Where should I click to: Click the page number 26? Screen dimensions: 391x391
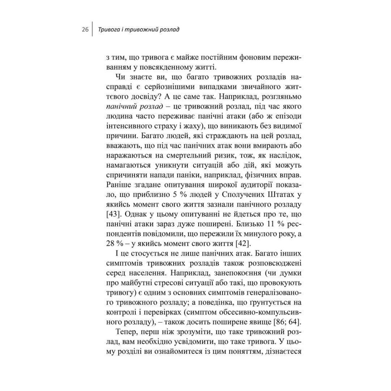(x=85, y=30)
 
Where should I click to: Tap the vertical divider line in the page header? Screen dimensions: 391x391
(x=92, y=30)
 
